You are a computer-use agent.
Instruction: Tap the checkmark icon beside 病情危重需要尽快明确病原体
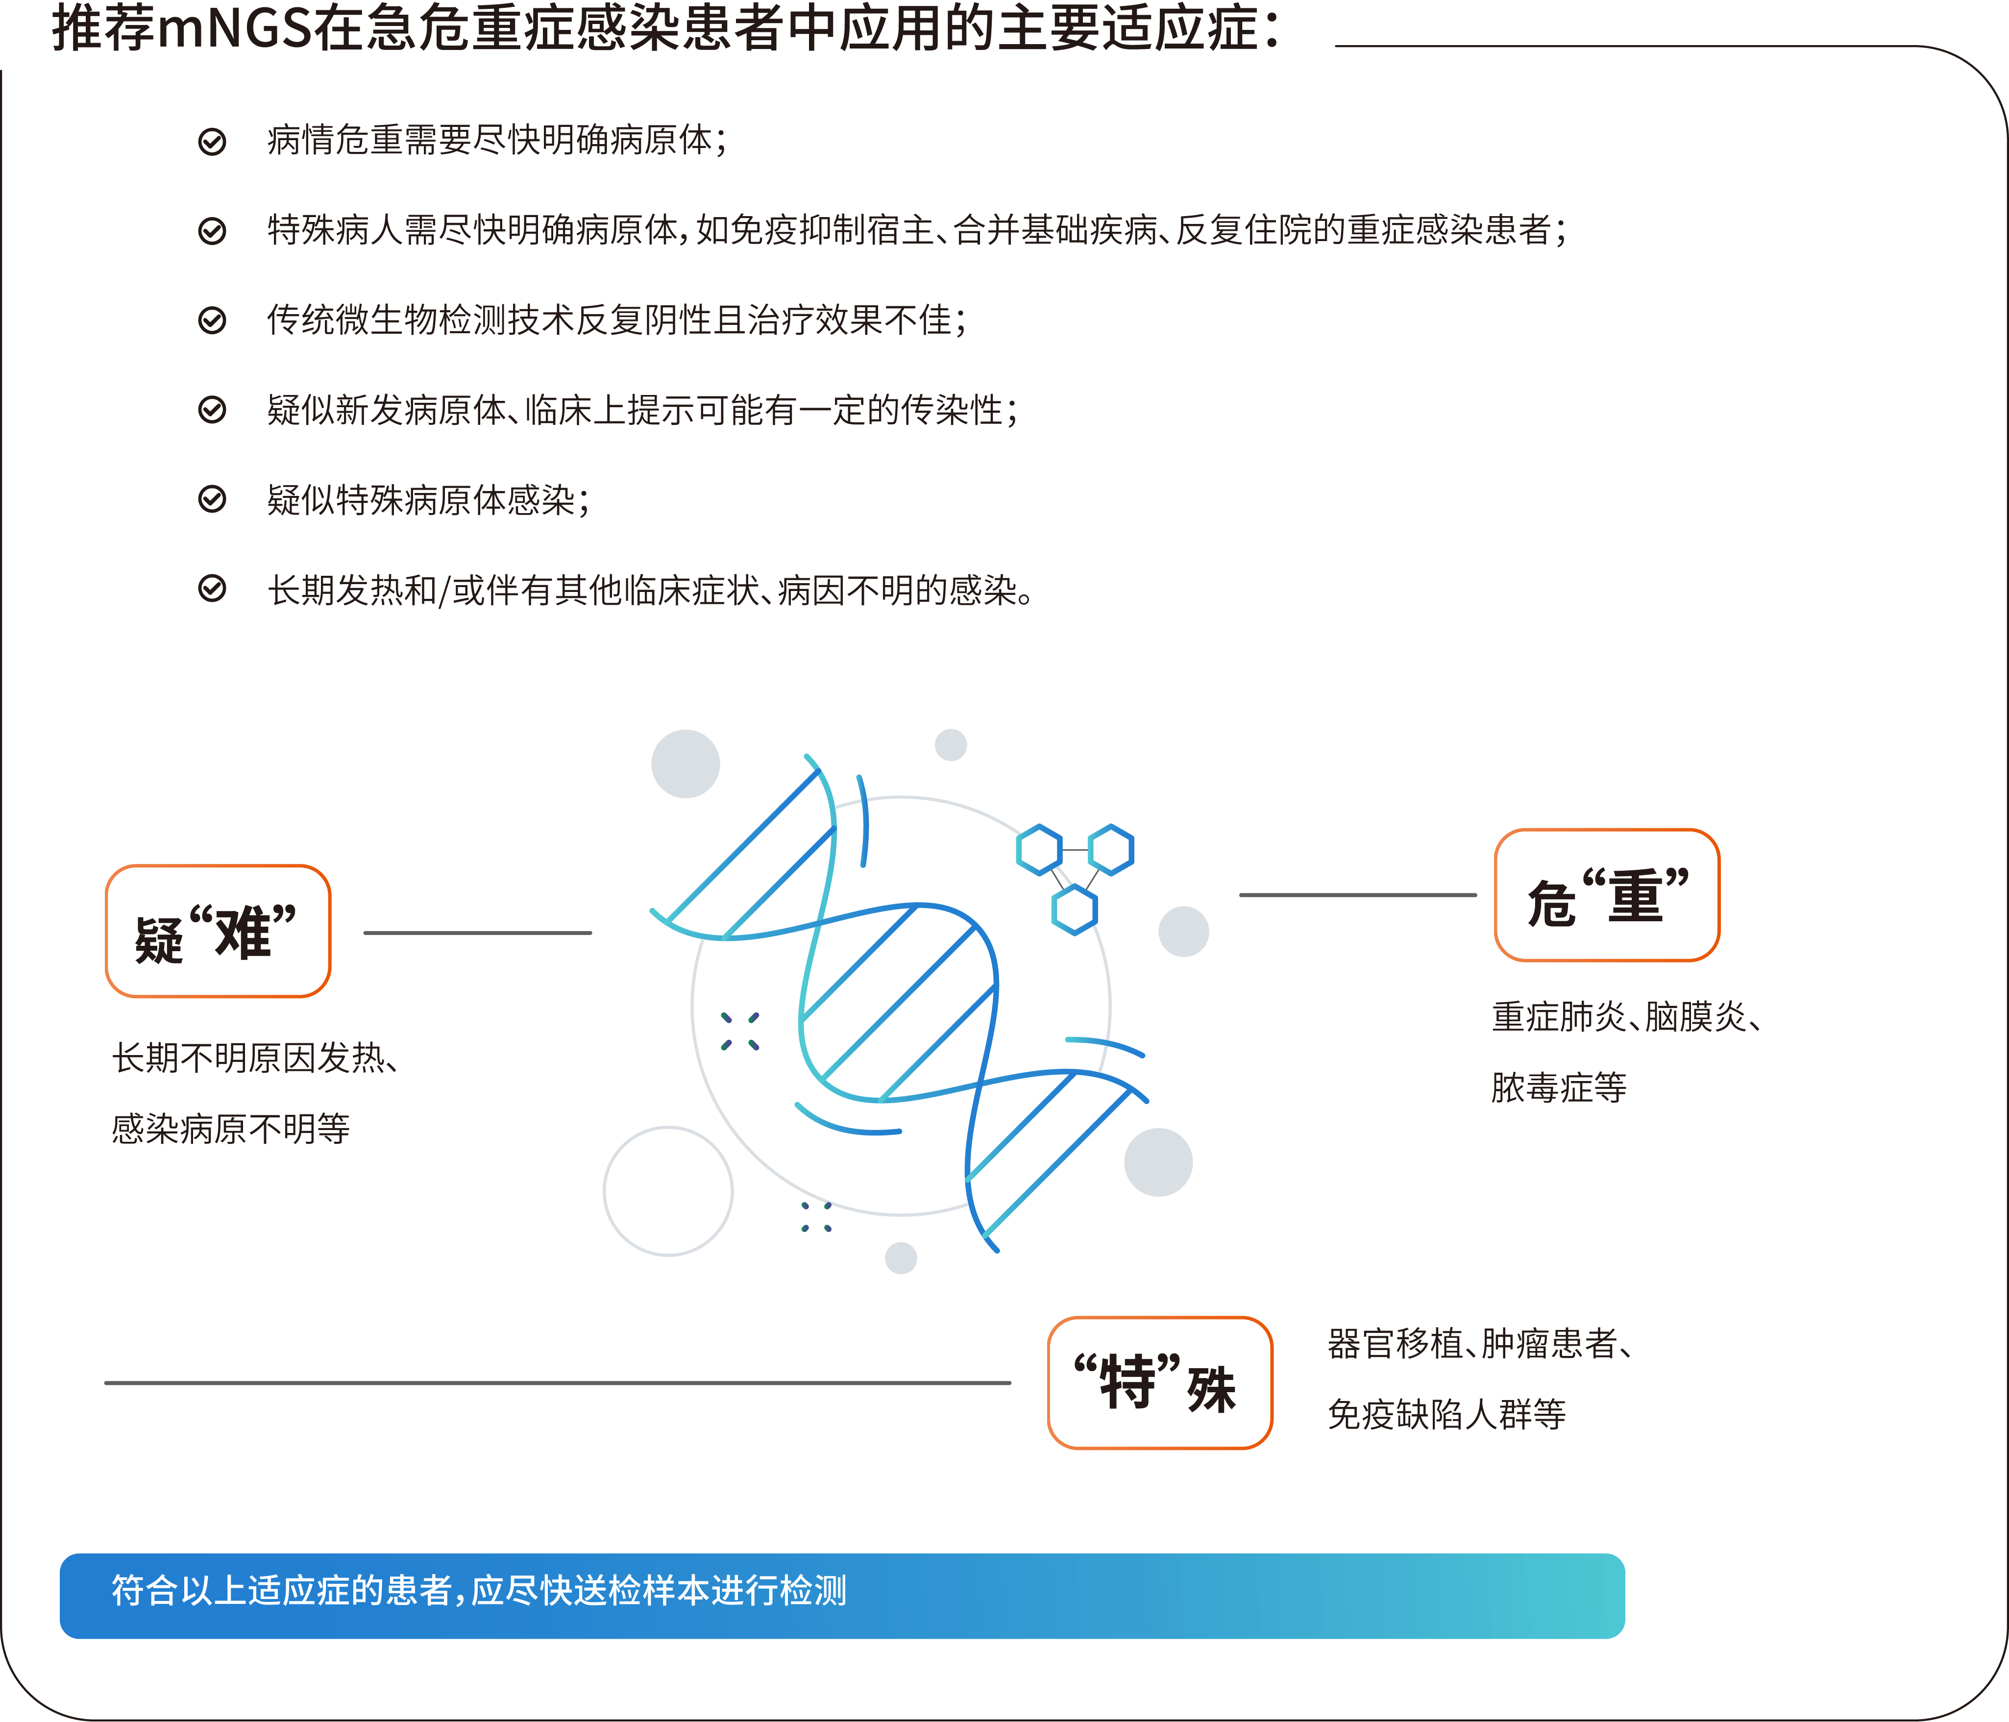tap(212, 142)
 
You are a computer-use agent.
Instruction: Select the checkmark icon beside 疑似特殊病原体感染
tap(212, 499)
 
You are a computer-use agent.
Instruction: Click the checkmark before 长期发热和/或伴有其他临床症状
tap(212, 589)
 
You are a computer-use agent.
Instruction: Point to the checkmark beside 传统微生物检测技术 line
tap(212, 320)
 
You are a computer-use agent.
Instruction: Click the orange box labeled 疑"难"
tap(218, 931)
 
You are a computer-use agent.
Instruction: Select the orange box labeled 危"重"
tap(1607, 895)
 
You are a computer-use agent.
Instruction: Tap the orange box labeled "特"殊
tap(1160, 1382)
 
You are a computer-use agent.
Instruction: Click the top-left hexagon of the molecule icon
tap(1039, 849)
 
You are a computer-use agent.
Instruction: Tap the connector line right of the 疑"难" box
tap(478, 933)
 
